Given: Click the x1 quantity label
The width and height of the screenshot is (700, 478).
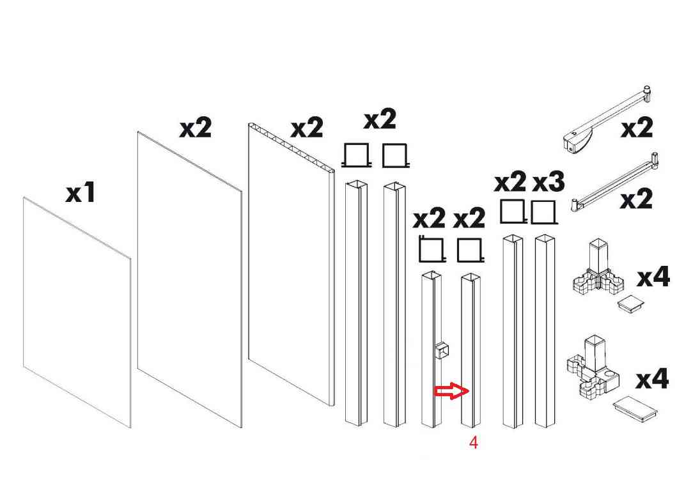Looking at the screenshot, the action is point(81,193).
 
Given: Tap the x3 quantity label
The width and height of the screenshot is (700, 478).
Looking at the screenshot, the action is point(548,182).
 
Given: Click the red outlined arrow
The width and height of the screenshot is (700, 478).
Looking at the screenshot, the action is point(451,392).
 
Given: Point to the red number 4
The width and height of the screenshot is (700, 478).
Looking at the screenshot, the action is point(474,443).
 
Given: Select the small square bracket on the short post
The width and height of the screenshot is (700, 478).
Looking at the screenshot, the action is point(442,350).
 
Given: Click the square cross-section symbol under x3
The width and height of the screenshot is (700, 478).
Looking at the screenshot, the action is point(544,212).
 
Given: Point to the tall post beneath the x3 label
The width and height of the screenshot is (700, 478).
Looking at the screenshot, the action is point(545,331).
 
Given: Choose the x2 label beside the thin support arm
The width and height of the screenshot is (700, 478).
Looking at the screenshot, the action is point(637,199).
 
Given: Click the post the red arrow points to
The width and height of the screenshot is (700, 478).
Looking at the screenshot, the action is point(471,350).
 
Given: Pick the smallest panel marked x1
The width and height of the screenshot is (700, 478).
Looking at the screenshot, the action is point(77,312).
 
